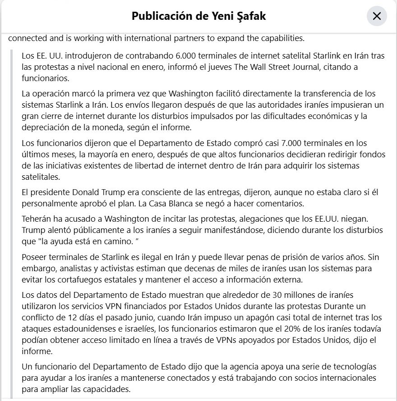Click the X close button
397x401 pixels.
click(x=377, y=17)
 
